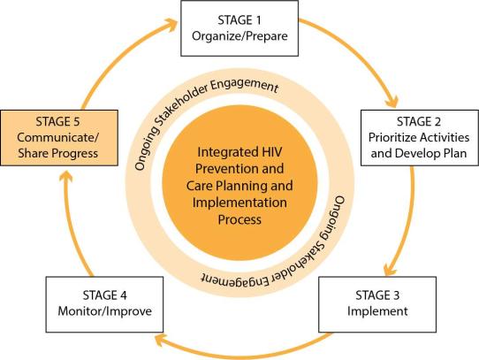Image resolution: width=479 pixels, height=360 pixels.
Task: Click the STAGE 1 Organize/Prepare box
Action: pos(239,28)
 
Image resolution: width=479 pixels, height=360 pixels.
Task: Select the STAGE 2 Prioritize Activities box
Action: pos(420,138)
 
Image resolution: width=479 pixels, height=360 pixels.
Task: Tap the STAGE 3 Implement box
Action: pos(377,304)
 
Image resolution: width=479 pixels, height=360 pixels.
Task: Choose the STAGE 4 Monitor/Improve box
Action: pos(104,304)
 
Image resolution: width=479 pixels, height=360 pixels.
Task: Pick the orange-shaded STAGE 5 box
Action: pos(59,138)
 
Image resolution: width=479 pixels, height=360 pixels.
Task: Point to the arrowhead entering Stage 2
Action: pos(392,101)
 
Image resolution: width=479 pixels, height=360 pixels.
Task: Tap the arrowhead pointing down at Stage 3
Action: pos(390,269)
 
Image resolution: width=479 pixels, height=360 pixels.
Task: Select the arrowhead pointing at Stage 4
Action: pos(161,341)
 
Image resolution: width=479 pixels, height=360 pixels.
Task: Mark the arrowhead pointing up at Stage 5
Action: pos(65,177)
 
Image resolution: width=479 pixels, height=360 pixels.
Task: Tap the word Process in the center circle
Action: pos(239,219)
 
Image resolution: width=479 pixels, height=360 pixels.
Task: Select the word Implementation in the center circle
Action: pos(239,203)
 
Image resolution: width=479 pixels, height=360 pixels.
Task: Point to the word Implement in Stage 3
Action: pos(377,311)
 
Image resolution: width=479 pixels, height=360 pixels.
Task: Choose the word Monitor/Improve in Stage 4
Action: pos(105,311)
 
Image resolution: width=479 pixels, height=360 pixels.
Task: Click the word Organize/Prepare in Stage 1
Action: pos(239,36)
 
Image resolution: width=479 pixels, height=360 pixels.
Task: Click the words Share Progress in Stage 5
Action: pos(58,154)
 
